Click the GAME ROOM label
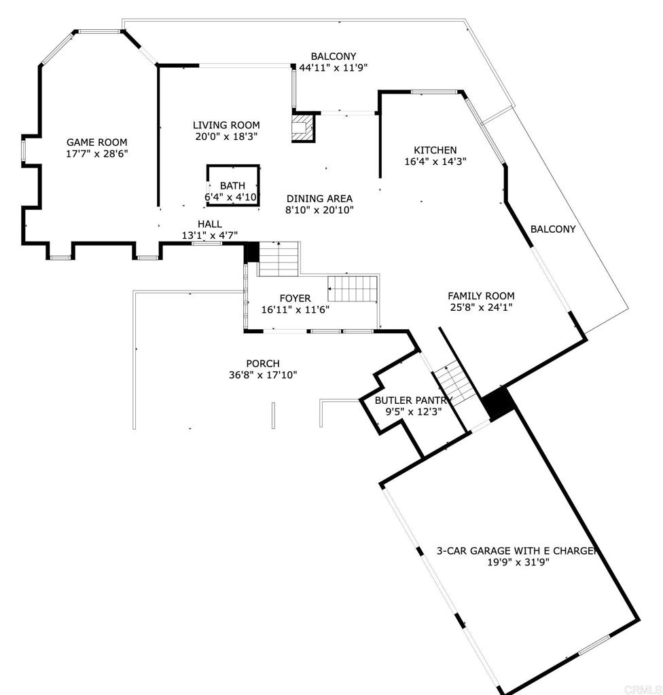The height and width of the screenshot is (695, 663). coord(96,143)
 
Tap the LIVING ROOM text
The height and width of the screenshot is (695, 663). coord(226,125)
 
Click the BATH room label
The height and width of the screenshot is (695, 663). coord(232,185)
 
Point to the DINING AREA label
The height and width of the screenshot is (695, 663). coord(319,198)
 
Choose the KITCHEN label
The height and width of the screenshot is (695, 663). coord(435,150)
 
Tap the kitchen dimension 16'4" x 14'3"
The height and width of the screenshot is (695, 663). coord(435,162)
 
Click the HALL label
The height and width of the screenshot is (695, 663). coord(209,224)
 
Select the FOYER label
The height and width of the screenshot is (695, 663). coord(295,298)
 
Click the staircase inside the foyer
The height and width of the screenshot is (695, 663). coord(353,289)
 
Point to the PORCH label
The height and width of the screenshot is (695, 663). coord(262,364)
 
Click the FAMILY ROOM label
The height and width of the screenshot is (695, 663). coord(480,296)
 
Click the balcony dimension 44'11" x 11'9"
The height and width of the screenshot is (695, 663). coord(333,68)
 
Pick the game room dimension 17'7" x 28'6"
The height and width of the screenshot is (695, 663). coord(96,154)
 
